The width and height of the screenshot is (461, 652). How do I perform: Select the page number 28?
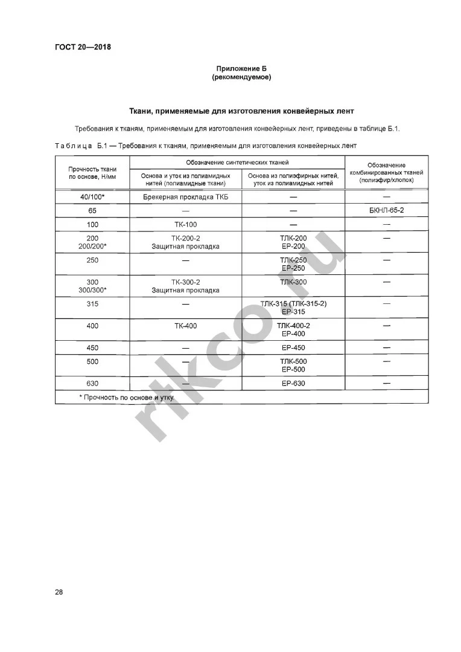[x=59, y=592]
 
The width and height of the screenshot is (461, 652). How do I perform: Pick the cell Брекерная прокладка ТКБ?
[x=185, y=198]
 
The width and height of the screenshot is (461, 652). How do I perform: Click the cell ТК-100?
[x=185, y=225]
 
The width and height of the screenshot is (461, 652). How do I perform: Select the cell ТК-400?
[x=185, y=326]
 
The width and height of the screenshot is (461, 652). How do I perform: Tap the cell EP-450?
[x=293, y=348]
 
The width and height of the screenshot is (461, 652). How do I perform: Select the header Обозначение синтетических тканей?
[x=237, y=163]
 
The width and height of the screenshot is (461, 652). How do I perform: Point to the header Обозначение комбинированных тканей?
[x=386, y=173]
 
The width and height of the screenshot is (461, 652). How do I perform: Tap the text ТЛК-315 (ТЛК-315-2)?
[x=293, y=304]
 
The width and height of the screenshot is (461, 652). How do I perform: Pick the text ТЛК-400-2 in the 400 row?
[x=293, y=326]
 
